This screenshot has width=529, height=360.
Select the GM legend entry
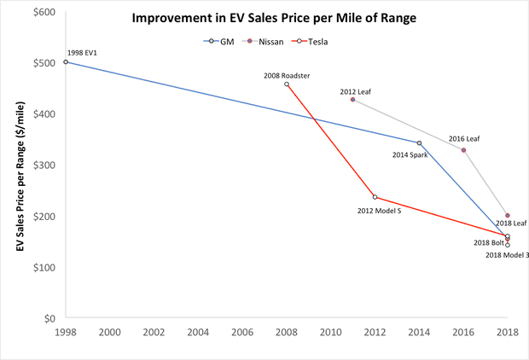[220, 40]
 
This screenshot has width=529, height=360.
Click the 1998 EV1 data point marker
[66, 61]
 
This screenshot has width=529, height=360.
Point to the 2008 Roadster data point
[287, 84]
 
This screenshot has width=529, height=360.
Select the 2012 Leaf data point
[352, 100]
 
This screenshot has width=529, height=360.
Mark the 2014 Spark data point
[419, 142]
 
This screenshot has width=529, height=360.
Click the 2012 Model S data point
[375, 197]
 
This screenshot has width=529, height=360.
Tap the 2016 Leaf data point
[463, 150]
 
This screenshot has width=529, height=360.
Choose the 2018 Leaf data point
[508, 216]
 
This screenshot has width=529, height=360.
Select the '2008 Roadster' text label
[287, 75]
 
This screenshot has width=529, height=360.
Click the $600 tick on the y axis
[44, 12]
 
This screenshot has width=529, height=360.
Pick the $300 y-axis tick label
[44, 165]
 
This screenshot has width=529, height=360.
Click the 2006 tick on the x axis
[242, 332]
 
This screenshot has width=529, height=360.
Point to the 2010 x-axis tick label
[331, 332]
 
